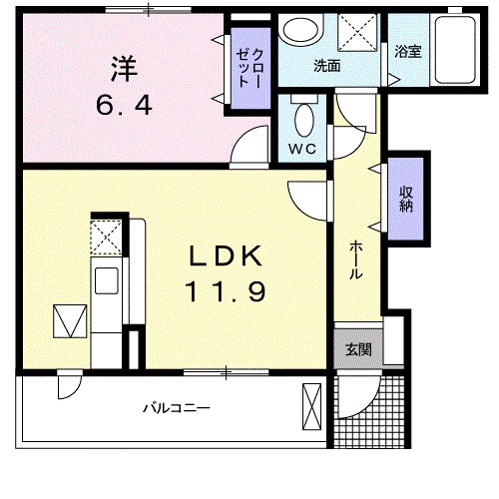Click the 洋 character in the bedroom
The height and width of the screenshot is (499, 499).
point(124,69)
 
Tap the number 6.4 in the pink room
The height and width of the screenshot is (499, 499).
point(124,103)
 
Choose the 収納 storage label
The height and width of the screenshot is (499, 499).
point(407,200)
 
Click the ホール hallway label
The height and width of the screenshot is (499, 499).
point(355,261)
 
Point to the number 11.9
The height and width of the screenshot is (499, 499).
point(226,292)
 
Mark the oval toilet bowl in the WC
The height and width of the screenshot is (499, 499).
point(303,121)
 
